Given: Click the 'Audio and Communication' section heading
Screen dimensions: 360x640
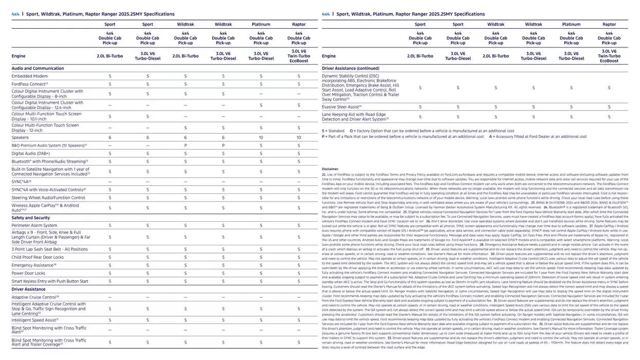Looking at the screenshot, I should click(38, 68).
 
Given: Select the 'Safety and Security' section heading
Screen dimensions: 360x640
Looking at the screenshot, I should click(31, 218).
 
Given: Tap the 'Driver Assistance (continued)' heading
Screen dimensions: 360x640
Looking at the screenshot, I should click(350, 68).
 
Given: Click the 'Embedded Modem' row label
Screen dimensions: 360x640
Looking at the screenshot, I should click(30, 76).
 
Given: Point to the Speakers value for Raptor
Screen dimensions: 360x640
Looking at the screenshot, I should click(298, 138).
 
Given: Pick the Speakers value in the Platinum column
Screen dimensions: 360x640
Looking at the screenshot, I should click(261, 138).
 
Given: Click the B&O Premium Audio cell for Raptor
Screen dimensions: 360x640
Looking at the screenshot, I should click(298, 146).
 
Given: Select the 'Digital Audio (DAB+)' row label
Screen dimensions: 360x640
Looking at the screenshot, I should click(31, 153).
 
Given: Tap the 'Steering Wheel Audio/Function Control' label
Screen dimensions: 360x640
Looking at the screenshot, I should click(48, 197).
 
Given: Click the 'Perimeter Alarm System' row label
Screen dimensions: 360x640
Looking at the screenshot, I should click(34, 225).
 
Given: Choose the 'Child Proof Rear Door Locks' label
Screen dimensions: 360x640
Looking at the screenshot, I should click(38, 257).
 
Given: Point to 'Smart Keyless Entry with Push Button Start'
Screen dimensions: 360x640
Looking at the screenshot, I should click(50, 281).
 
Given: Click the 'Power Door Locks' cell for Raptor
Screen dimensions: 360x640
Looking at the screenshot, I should click(298, 273).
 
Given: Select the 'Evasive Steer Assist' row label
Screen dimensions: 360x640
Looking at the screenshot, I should click(342, 107).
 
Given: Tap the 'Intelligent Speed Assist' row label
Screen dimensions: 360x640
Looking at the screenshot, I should click(35, 320).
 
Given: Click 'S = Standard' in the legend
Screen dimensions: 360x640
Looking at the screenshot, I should click(333, 131).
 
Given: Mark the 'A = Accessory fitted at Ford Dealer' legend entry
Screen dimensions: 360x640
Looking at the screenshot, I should click(538, 137).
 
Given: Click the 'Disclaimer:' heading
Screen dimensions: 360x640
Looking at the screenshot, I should click(330, 169).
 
